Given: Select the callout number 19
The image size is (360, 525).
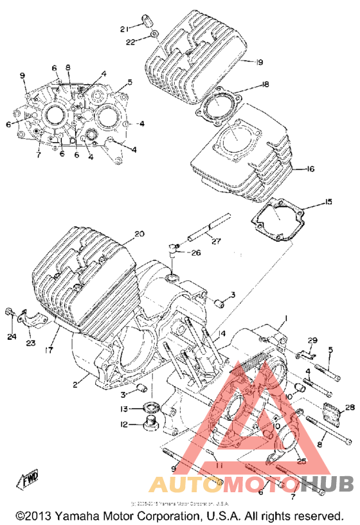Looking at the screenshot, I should [x=259, y=62].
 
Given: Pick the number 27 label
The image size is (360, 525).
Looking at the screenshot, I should [x=215, y=242].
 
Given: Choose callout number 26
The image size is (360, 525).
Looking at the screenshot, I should [x=195, y=253].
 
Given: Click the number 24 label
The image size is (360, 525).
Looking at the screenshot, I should [x=12, y=336].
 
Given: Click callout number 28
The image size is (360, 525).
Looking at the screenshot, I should [x=350, y=407].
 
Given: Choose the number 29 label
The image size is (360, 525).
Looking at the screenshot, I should [x=312, y=340].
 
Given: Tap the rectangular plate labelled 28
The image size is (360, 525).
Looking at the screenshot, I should [x=330, y=413].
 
